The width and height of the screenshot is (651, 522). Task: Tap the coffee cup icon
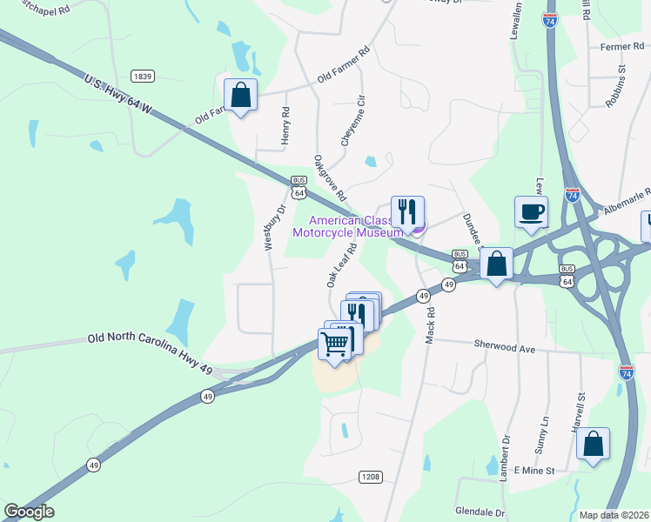tap(531, 211)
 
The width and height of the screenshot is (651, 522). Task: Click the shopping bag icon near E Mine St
tap(593, 445)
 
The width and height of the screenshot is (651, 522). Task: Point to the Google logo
tap(29, 512)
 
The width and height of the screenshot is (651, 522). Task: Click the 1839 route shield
tap(143, 77)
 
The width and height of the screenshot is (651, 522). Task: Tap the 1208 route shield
tap(370, 476)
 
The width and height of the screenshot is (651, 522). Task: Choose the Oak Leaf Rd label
tap(342, 264)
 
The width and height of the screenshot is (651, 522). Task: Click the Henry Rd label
tap(285, 125)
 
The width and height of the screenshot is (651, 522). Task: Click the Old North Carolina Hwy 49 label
tap(150, 341)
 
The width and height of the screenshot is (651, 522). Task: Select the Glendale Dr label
tap(480, 512)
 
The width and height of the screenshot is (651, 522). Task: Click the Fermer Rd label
tap(620, 46)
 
